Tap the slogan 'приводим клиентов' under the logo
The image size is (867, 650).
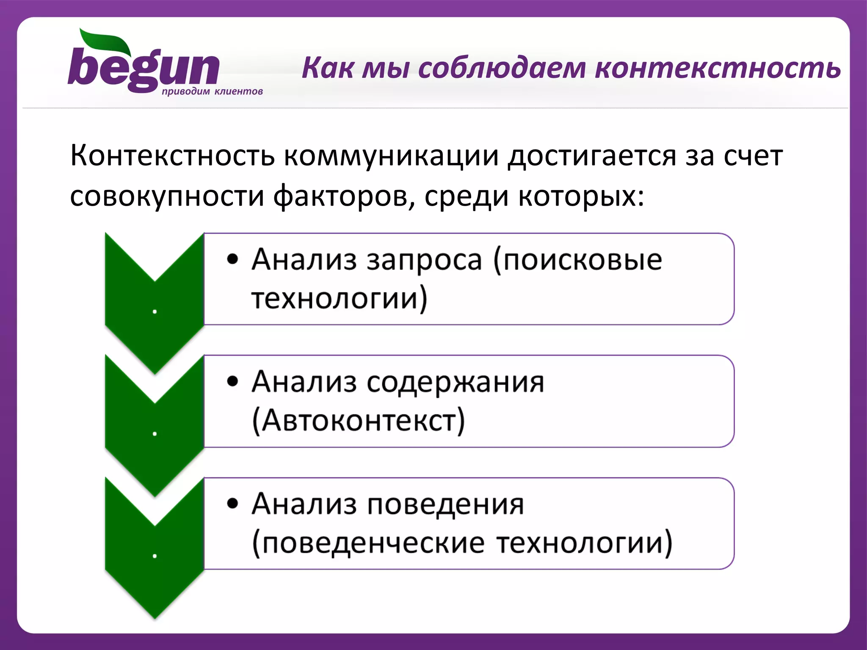(212, 91)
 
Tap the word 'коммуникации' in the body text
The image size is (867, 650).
(391, 156)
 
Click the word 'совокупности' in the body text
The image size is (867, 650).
(167, 196)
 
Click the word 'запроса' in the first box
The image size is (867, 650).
(424, 260)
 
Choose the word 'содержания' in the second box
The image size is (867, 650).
(455, 382)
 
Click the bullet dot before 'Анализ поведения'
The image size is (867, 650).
(232, 504)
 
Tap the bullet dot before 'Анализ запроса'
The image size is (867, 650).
(232, 259)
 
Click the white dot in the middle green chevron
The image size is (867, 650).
(155, 434)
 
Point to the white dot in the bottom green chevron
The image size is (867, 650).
(155, 556)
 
